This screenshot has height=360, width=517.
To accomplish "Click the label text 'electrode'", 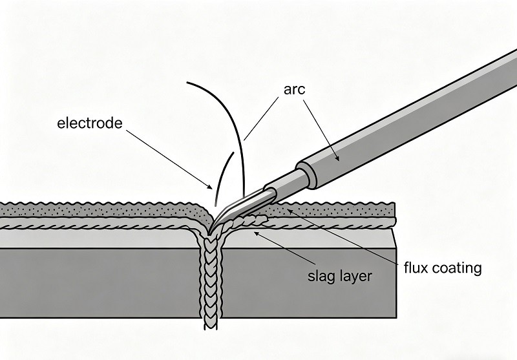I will (x=90, y=122).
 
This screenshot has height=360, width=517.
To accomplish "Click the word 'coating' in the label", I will (x=457, y=267).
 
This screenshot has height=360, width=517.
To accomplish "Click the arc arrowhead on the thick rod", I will (x=337, y=158).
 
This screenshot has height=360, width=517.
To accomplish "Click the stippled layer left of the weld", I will (x=97, y=209).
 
